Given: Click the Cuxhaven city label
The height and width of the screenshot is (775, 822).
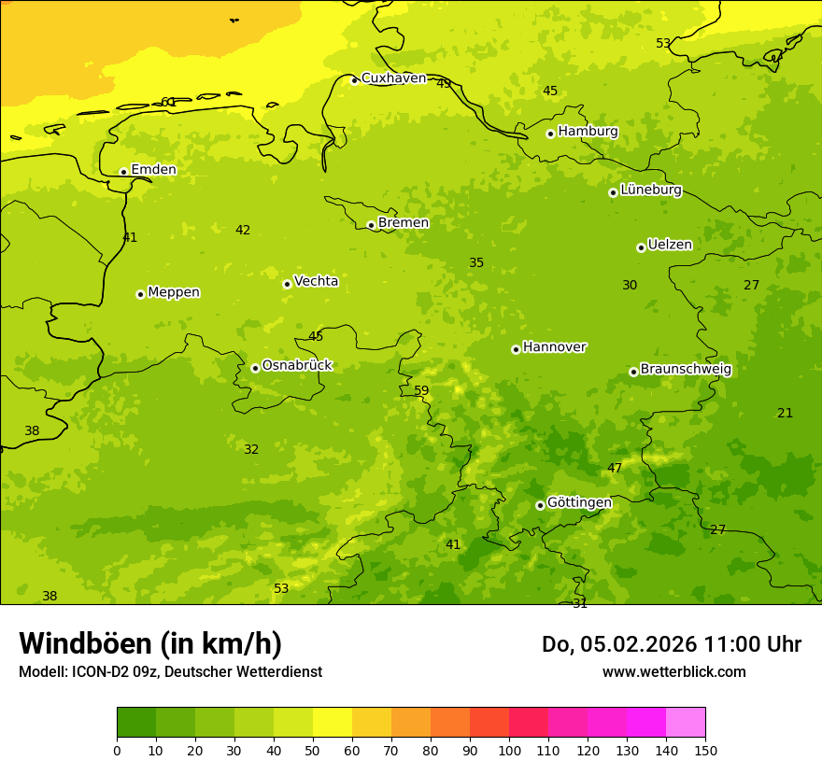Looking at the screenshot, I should point(393,78).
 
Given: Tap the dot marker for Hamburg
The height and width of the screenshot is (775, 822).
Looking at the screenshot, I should point(550,134).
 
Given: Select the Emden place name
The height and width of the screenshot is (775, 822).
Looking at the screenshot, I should point(153,169).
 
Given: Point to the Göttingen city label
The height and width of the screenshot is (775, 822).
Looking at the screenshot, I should point(579,502).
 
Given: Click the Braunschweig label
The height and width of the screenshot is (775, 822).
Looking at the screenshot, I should point(686,369).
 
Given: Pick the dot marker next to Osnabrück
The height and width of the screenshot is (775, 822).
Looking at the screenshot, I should point(255,368).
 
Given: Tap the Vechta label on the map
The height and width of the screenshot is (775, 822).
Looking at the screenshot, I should point(316,281).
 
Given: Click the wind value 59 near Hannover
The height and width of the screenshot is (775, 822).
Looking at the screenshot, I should point(421,390).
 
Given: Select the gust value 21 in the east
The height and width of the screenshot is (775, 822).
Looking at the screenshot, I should point(785,413).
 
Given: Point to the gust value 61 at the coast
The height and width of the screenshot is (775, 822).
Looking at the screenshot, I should point(168,102).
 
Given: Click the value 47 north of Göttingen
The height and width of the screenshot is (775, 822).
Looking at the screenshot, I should point(615,468).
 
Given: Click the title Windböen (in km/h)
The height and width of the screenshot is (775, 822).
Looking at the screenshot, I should point(150,643).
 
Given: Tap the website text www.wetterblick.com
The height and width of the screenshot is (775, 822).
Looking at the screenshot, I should point(673,671).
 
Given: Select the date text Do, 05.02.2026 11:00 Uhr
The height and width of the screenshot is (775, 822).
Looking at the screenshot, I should point(671,644).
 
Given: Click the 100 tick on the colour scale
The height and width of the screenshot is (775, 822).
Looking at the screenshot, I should point(509,750).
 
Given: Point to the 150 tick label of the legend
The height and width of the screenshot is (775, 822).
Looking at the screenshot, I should point(705,750).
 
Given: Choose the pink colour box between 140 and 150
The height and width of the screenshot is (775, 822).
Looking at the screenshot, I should point(686,723).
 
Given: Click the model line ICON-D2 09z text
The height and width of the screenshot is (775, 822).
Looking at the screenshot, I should point(170,671).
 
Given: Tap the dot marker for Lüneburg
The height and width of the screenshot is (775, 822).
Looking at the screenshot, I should point(613,192).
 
